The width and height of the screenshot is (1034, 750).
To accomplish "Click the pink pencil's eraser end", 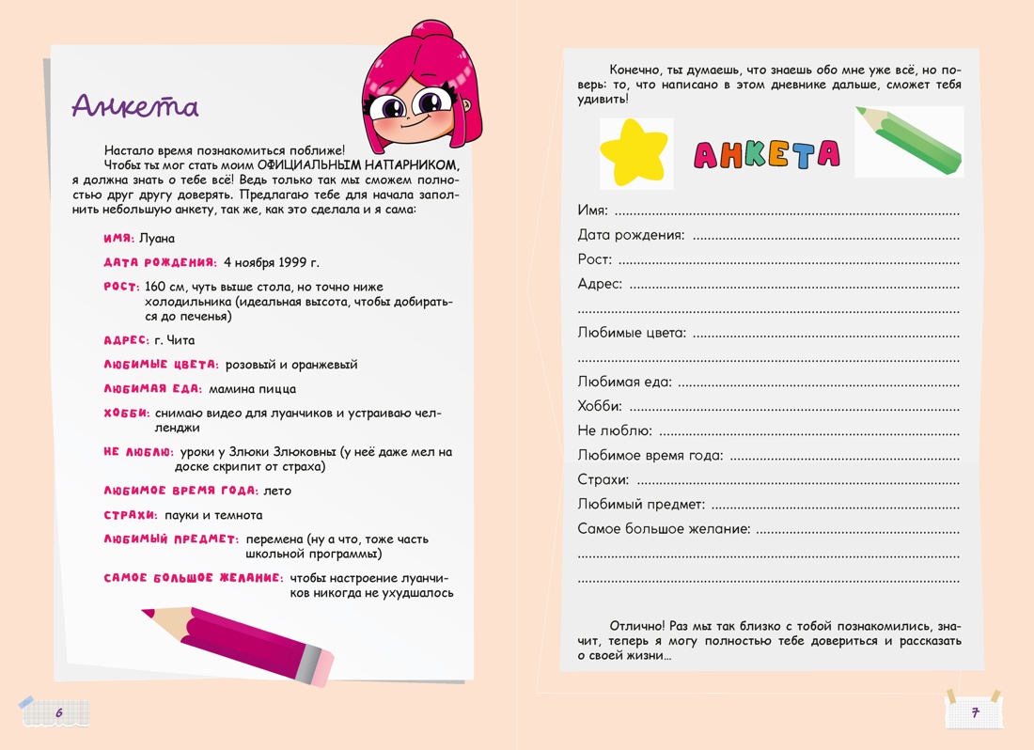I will (317, 668).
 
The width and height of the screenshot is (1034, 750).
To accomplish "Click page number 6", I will (58, 713).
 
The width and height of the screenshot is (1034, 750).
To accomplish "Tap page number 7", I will (975, 713).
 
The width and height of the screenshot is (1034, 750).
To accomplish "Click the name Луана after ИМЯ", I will (157, 239).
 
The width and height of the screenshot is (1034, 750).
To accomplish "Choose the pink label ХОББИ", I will (126, 414).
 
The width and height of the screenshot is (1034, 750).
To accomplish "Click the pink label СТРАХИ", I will (130, 515).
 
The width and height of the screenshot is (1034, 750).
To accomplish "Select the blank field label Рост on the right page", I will (594, 259).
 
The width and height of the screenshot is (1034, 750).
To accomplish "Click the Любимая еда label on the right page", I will (624, 382).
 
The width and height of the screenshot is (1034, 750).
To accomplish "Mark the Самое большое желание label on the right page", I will (664, 529).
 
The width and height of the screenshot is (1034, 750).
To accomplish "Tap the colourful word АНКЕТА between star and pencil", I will (766, 155).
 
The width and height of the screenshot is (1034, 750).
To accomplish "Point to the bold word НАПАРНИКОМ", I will (407, 164).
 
